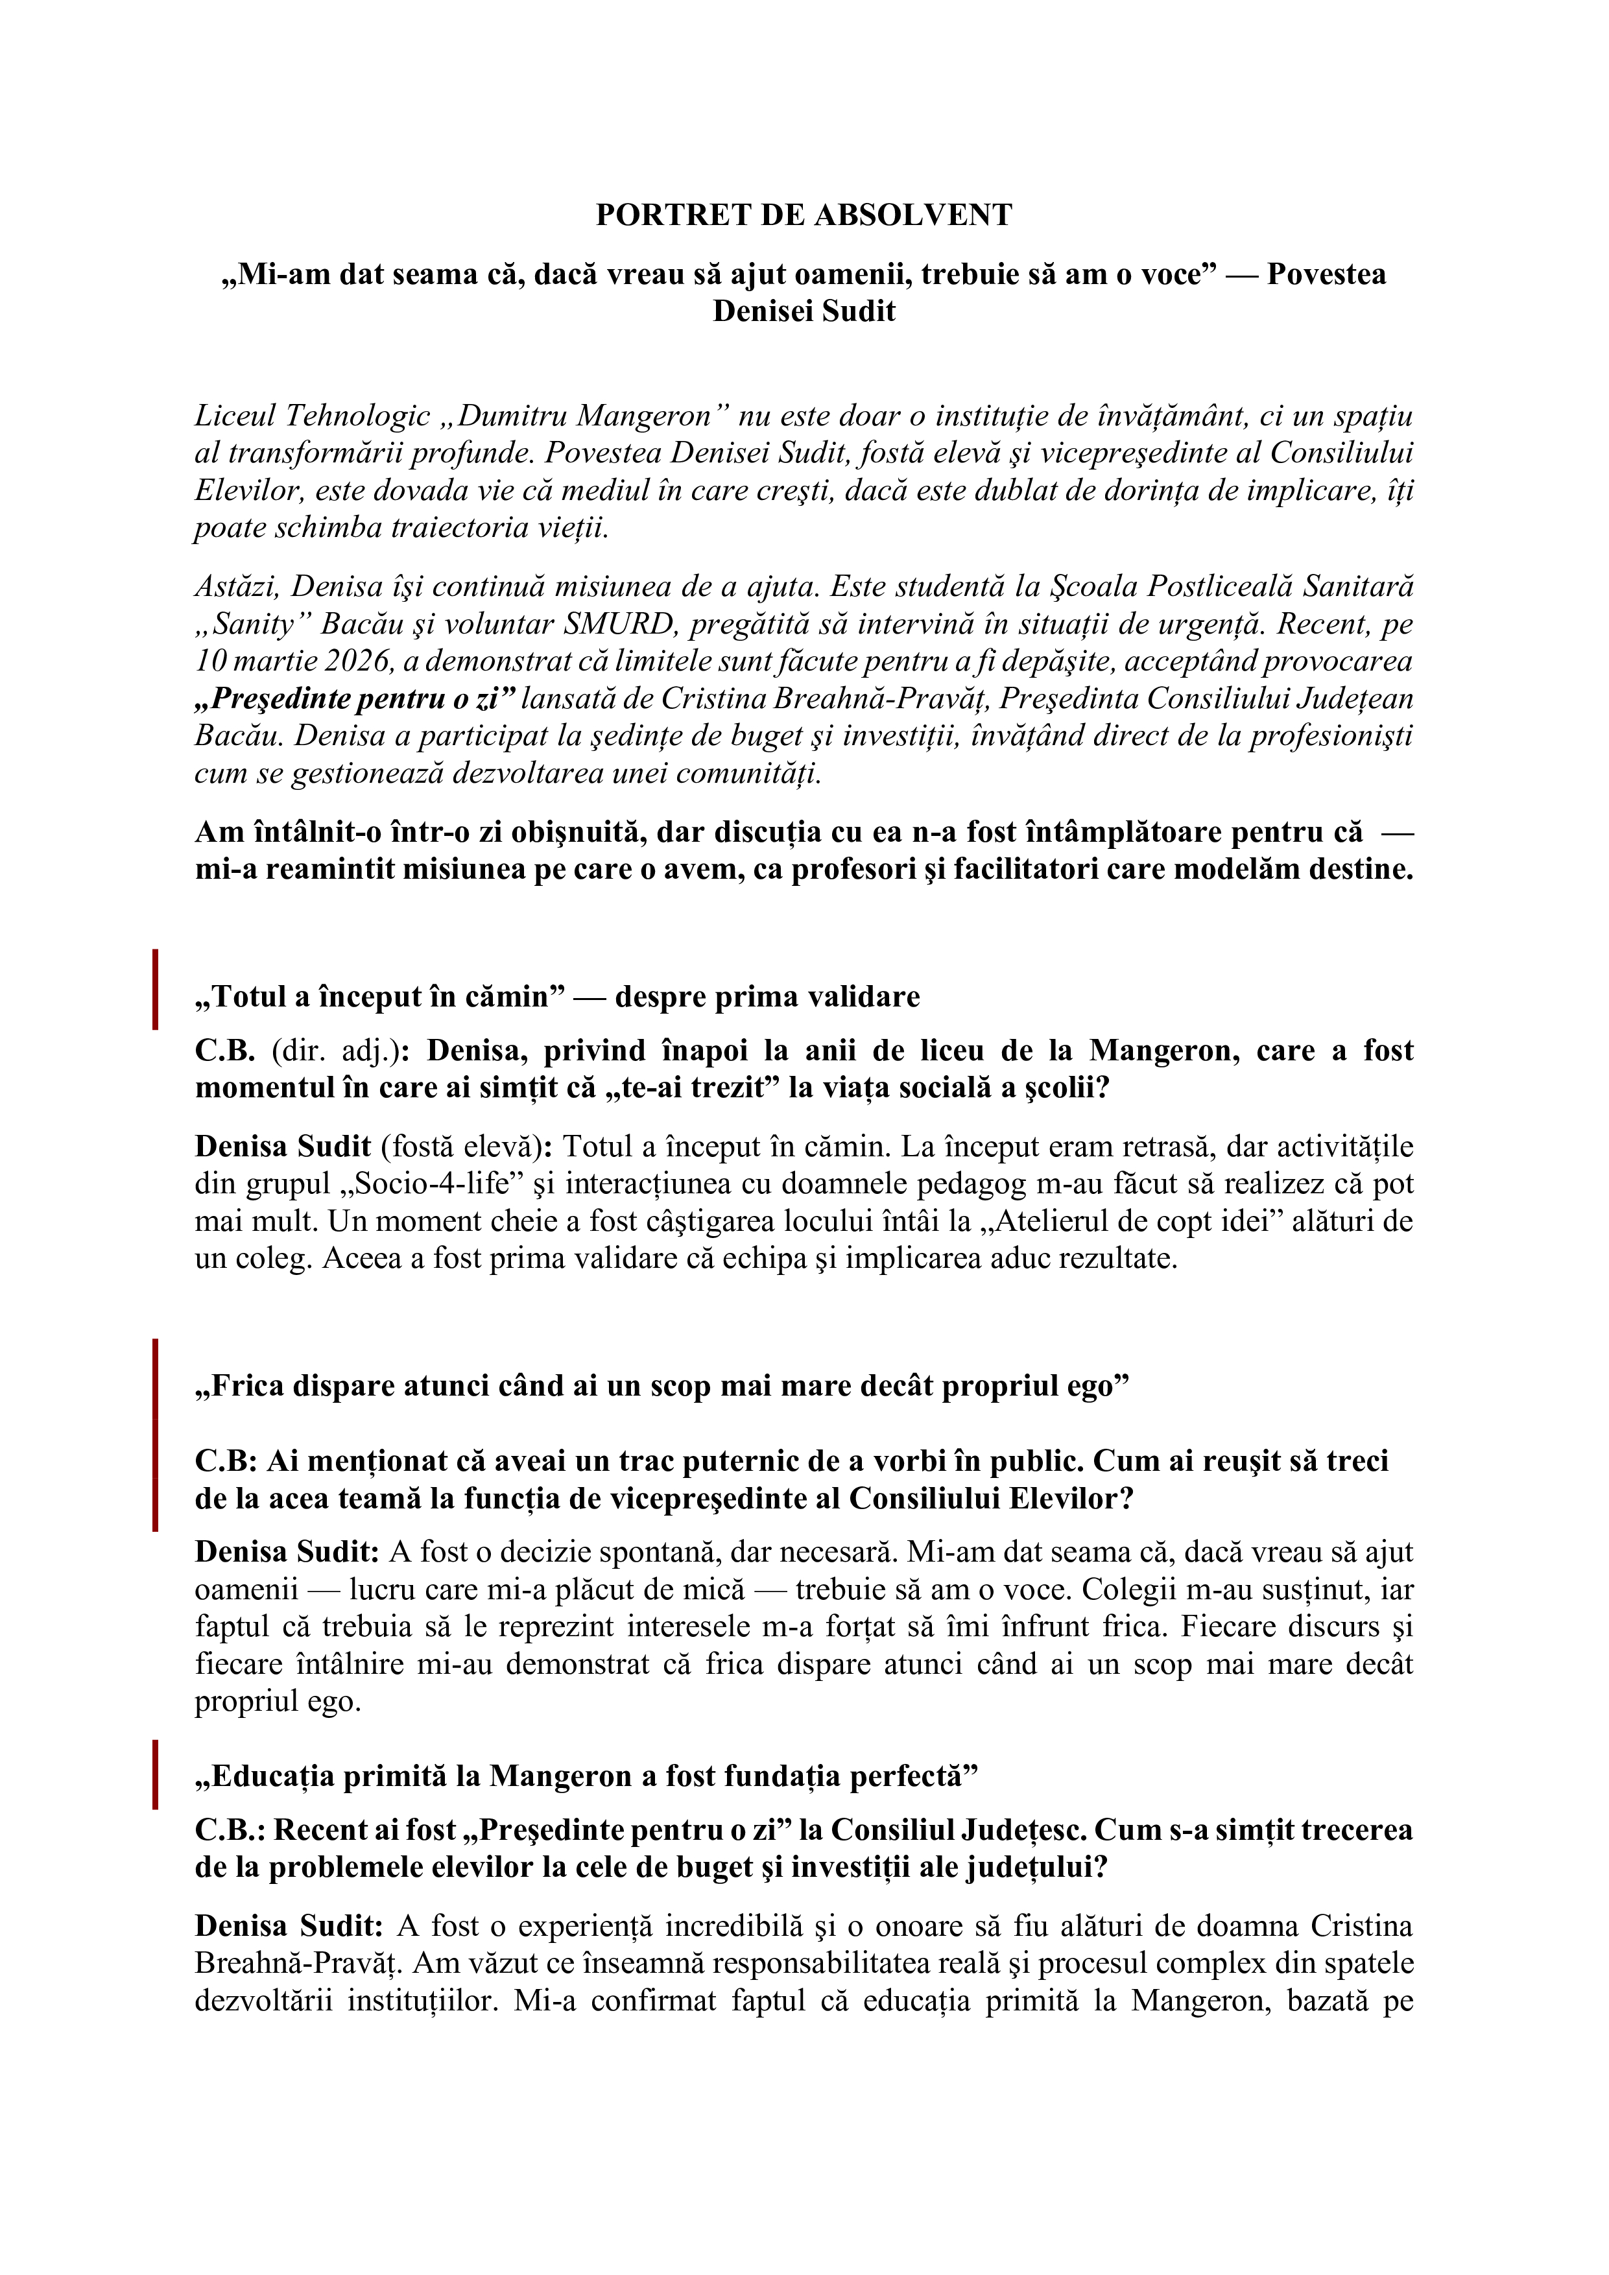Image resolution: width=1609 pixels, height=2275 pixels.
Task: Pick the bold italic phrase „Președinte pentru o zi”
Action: pyautogui.click(x=355, y=698)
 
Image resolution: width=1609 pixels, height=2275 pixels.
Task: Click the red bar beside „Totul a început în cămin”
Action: pyautogui.click(x=156, y=989)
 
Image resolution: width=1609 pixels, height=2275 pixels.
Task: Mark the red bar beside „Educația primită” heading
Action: pyautogui.click(x=156, y=1774)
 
